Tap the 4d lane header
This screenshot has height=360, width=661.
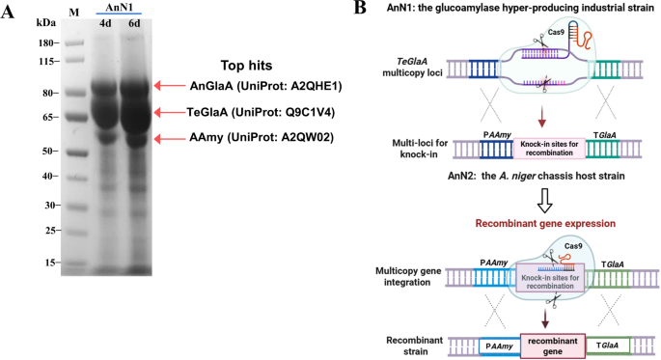[103, 24]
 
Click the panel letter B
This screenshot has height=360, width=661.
[360, 9]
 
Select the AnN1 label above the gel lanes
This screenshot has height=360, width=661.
[119, 7]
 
